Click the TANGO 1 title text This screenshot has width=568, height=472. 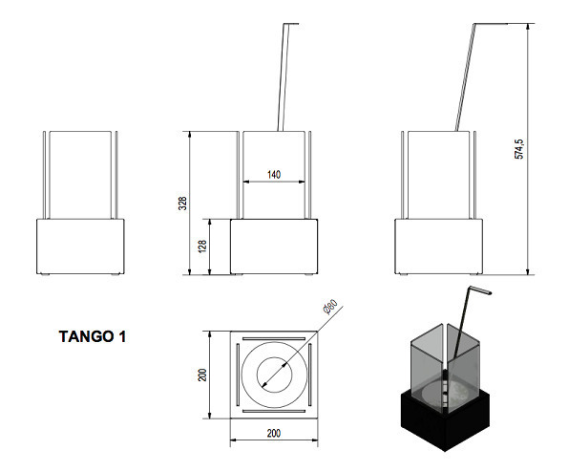(93, 336)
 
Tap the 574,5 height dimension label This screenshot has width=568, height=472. (518, 149)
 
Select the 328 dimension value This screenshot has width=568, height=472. (183, 204)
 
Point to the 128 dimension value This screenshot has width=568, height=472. (202, 247)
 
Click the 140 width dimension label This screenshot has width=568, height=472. (274, 175)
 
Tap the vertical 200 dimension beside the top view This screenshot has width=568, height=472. (202, 375)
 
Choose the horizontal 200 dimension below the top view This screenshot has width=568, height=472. (274, 433)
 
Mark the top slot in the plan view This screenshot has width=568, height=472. (274, 339)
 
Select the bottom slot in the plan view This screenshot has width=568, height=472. (274, 411)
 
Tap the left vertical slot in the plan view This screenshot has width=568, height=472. (238, 375)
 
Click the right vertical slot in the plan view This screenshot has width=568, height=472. (310, 375)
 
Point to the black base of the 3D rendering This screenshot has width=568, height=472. (445, 420)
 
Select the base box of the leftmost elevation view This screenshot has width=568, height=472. (80, 247)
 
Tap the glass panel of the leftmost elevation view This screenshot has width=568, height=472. (80, 175)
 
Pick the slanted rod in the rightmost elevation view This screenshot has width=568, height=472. (466, 76)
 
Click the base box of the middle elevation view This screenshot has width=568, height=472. (274, 247)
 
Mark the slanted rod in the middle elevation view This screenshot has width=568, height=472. (284, 76)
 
